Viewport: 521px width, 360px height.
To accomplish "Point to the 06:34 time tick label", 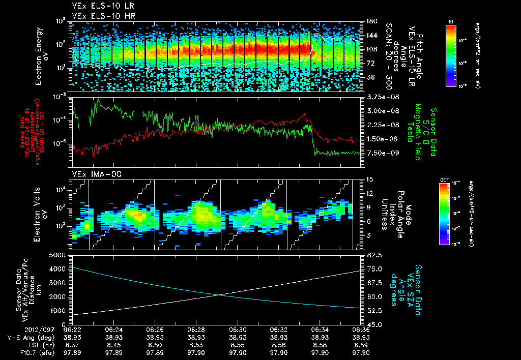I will coord(319,329).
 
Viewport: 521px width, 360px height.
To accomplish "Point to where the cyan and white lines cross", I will coord(219,295).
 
